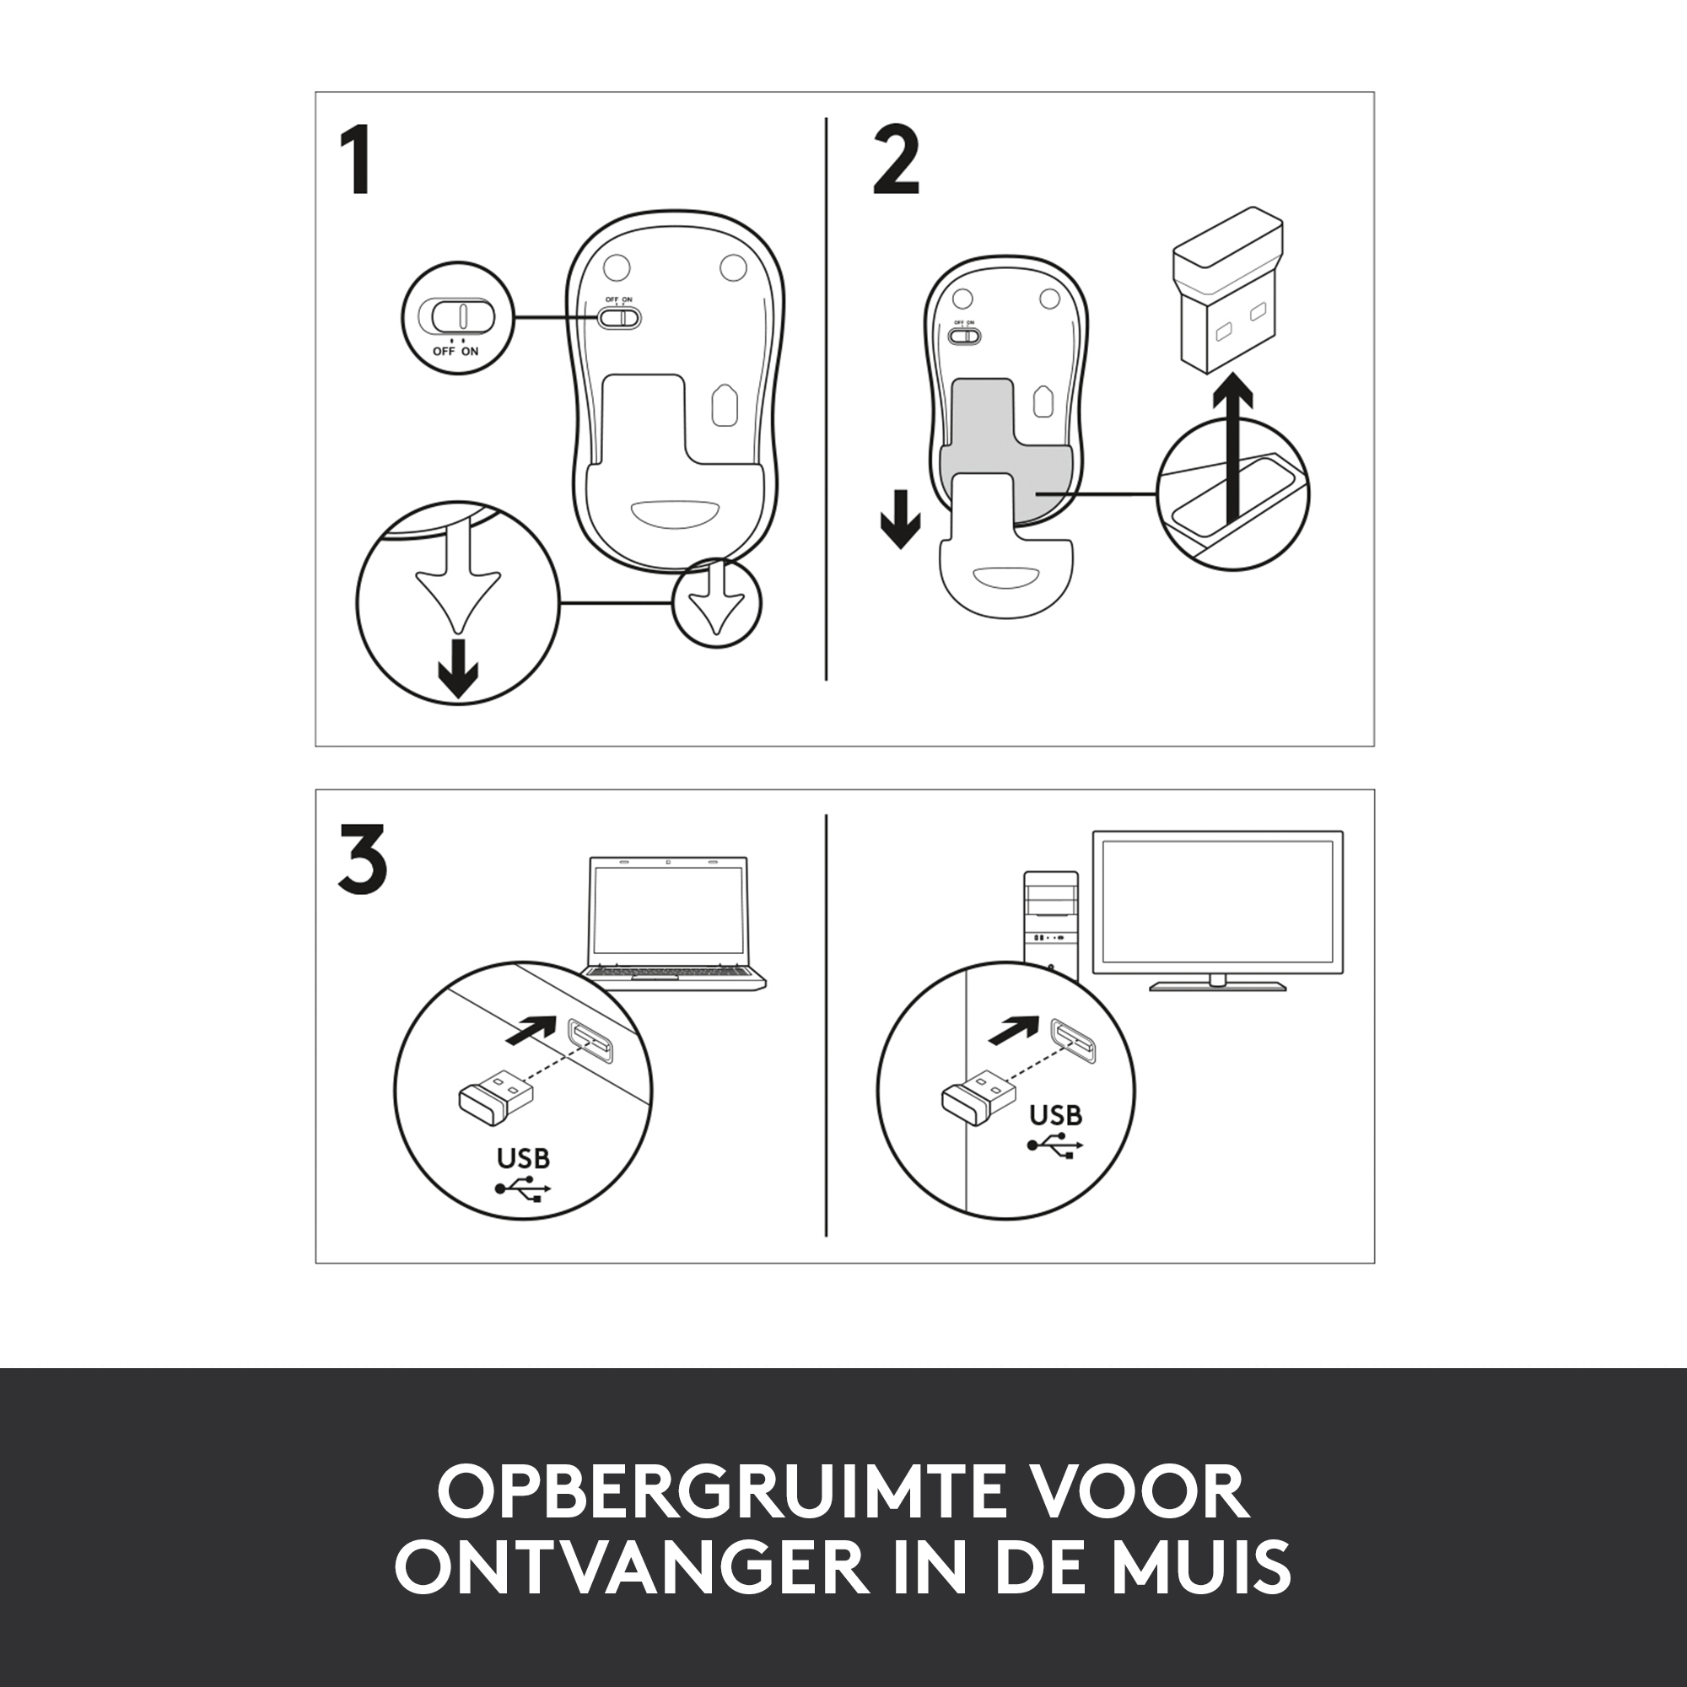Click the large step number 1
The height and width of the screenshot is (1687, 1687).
click(x=358, y=159)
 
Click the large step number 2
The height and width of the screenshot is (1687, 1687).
click(x=897, y=159)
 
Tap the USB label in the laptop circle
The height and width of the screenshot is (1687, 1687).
click(x=523, y=1159)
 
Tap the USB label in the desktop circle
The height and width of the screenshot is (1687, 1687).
click(x=1056, y=1115)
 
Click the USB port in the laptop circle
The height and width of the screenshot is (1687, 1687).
click(x=590, y=1040)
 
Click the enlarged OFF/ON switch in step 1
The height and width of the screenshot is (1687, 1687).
click(x=457, y=315)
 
